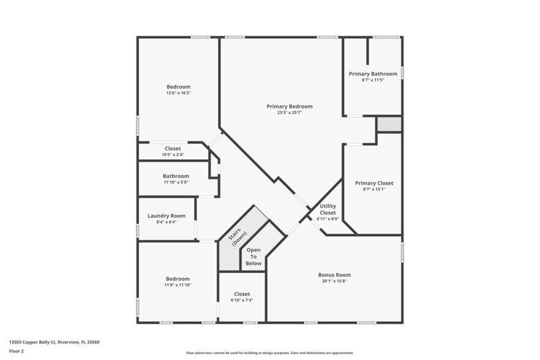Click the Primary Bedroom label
coord(290,107)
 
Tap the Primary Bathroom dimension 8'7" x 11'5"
coord(373,80)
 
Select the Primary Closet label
coord(374,183)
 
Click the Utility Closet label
coord(328,209)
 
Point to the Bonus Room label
coord(334,275)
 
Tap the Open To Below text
coord(254,257)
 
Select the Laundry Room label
coord(167,216)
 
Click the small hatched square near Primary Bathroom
coord(389,124)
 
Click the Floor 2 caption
coord(17,351)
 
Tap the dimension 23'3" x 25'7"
coord(290,113)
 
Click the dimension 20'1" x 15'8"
coord(334,281)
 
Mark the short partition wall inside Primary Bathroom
coord(367,51)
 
